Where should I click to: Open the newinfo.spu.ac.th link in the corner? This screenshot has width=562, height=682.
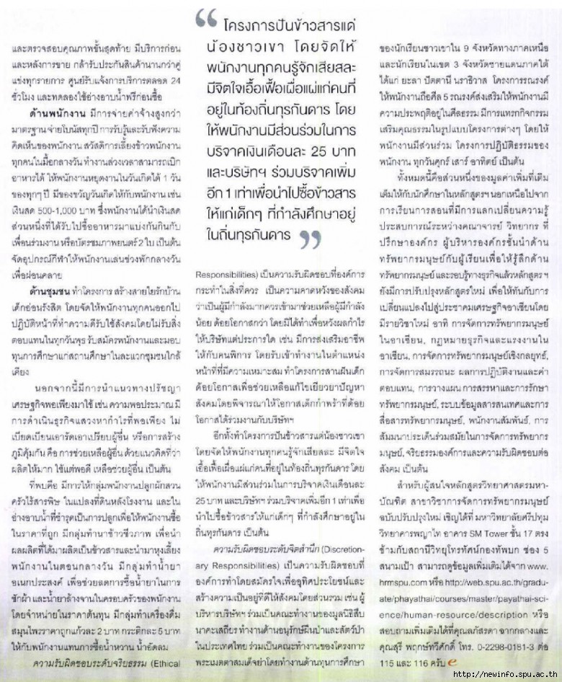click(x=504, y=674)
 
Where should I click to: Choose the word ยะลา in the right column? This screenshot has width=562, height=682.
click(x=411, y=76)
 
